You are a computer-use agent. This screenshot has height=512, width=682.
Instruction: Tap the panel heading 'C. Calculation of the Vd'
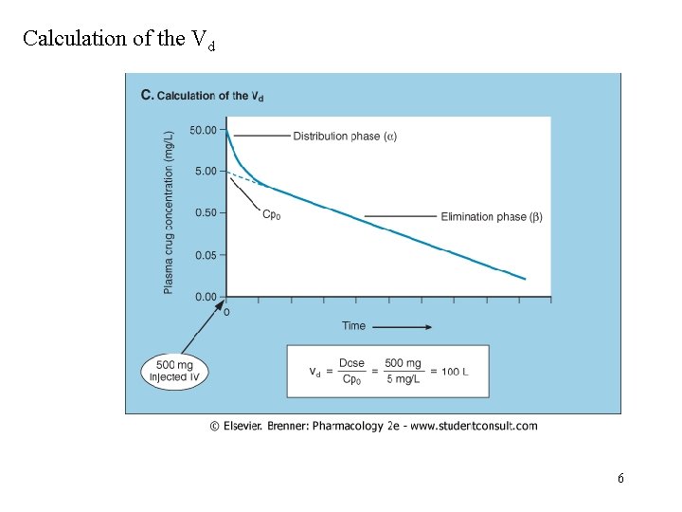point(202,95)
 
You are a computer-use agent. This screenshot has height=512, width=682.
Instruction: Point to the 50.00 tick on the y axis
point(204,130)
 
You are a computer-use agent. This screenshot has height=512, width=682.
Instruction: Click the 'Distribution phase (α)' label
point(345,136)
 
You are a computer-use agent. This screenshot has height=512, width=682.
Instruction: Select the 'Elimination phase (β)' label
point(492,217)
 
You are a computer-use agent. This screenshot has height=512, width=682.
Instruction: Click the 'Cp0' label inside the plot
point(271,214)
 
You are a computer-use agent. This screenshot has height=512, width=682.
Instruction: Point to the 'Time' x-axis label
point(353,326)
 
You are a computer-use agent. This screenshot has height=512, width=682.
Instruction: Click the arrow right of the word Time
point(403,327)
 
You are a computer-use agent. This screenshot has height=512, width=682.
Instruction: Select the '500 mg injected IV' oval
point(174,371)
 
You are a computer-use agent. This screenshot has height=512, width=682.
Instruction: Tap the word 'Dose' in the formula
point(351,363)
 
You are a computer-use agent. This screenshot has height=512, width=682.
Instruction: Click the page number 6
point(620,479)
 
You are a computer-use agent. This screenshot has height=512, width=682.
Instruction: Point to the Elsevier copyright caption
point(373,426)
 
